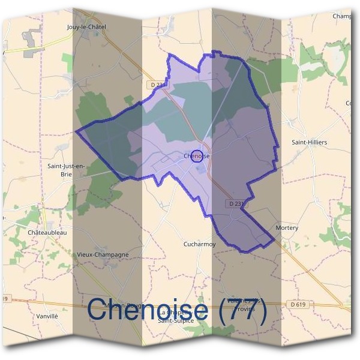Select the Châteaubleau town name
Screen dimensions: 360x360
(46, 232)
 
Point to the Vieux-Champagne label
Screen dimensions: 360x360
(103, 254)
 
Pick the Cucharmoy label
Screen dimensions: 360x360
(199, 244)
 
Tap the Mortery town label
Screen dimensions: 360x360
(286, 229)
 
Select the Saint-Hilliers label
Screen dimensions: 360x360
(310, 142)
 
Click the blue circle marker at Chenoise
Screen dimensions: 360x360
(196, 157)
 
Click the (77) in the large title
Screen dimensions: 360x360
(241, 310)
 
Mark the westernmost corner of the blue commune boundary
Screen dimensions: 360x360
(76, 130)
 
